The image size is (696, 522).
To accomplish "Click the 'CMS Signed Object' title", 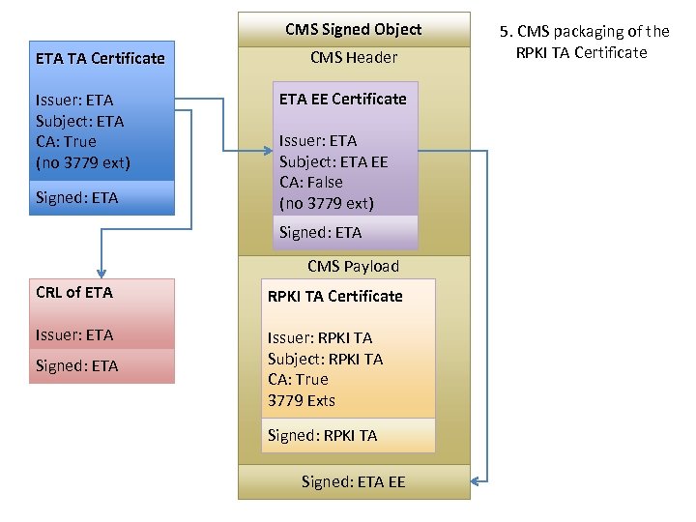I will coord(353,29).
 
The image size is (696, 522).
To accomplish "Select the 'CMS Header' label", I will coord(353,58).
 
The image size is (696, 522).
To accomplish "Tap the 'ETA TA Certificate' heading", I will coord(100,58).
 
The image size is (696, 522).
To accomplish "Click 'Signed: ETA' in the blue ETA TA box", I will coord(76,197).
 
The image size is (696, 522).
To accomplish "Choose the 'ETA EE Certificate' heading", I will coord(342,99).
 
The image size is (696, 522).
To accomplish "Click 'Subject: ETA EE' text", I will coord(333,161).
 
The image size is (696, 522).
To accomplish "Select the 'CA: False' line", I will coord(310,182).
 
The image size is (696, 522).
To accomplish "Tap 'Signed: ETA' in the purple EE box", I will coord(320,232).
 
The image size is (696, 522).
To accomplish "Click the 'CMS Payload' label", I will coord(353,266).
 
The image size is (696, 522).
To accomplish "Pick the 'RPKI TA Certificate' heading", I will coord(334,296).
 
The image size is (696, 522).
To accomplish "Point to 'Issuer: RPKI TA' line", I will coord(319,337).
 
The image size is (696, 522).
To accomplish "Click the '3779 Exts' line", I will coord(301,400).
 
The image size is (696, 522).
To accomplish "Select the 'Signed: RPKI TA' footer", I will coord(322,435).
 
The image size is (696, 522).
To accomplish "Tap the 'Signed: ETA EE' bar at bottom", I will coord(353,481).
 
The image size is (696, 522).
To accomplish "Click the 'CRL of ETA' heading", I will coord(73,292).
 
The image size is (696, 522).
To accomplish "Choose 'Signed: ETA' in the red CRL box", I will coord(76,365).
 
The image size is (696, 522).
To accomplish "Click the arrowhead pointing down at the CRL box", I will coord(101,274).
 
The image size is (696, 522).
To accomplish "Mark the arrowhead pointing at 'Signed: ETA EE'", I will coord(476,480).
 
